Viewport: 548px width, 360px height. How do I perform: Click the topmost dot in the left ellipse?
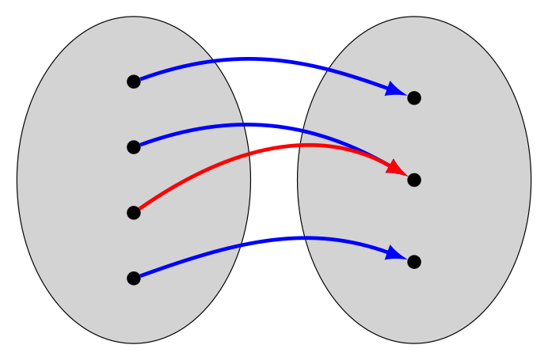[x=134, y=81]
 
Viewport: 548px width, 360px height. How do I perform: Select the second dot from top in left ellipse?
[x=134, y=147]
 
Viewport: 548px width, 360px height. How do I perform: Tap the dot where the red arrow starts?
[x=134, y=213]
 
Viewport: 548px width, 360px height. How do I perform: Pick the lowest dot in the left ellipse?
[x=134, y=279]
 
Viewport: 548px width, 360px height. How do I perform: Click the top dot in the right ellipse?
[x=414, y=98]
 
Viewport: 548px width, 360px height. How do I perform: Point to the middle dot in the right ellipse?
[x=414, y=180]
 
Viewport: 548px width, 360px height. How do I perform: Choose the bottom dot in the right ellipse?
[x=414, y=262]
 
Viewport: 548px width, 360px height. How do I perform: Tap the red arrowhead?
[x=397, y=167]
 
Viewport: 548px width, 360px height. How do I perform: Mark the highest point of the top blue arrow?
[x=252, y=59]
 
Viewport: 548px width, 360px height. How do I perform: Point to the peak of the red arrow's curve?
[x=309, y=145]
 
